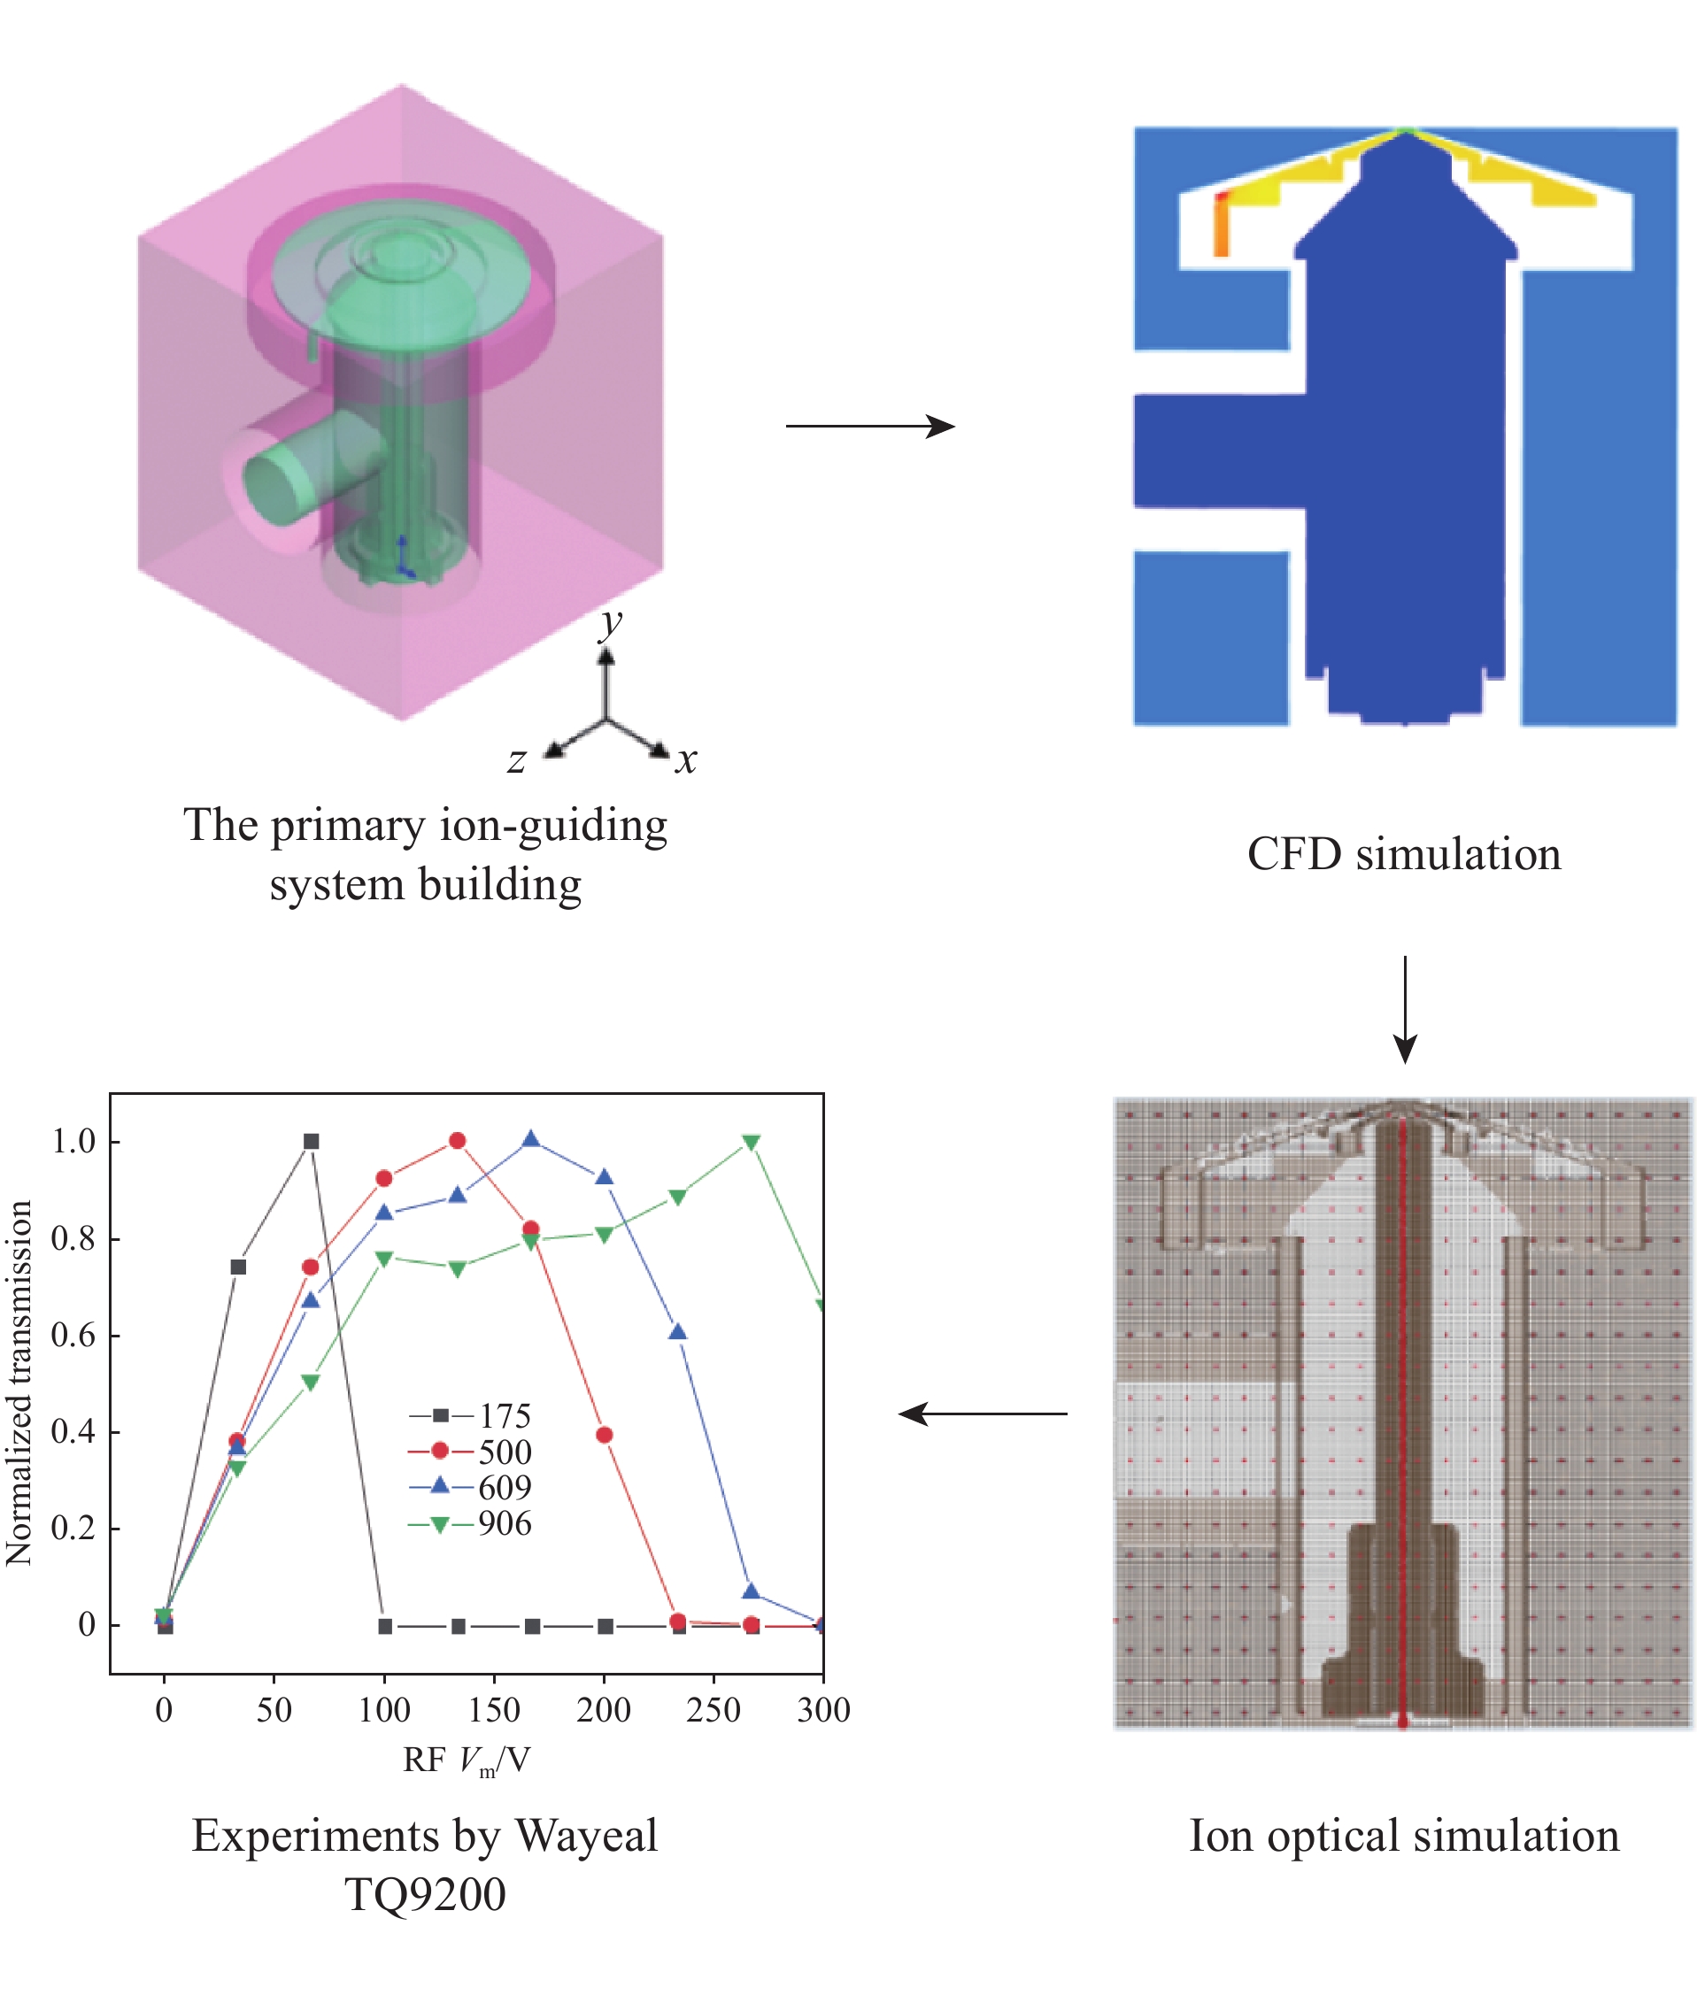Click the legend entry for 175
(x=471, y=1415)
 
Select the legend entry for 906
(x=471, y=1524)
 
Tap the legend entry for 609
(x=471, y=1487)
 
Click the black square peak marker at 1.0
(x=311, y=1141)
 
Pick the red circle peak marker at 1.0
(x=457, y=1140)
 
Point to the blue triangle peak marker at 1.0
(x=531, y=1140)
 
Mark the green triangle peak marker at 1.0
(x=752, y=1142)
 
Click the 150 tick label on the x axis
(x=493, y=1709)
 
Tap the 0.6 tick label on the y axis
(x=73, y=1336)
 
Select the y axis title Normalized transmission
(x=19, y=1383)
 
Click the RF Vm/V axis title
(x=467, y=1760)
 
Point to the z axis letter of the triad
(x=517, y=761)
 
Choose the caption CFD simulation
(x=1404, y=854)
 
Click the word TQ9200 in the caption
(x=425, y=1894)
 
